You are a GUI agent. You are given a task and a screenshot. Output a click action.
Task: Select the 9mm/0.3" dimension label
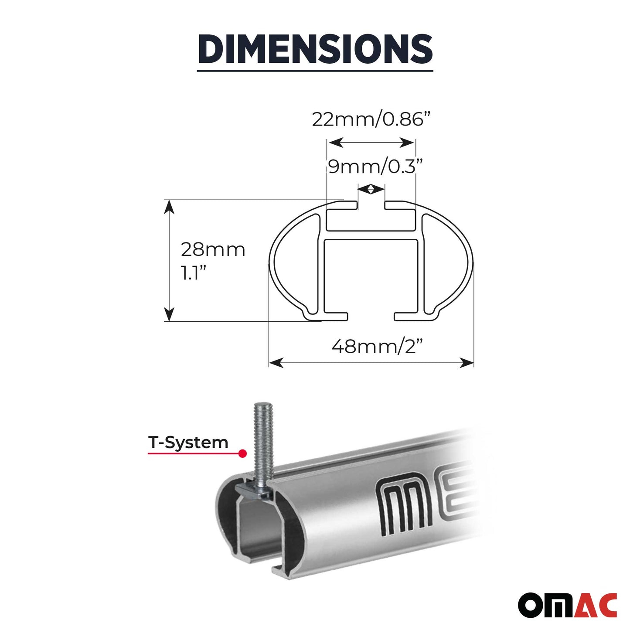[375, 167]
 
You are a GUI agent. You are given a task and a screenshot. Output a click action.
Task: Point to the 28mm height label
[213, 250]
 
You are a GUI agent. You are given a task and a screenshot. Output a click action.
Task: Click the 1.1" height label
[193, 273]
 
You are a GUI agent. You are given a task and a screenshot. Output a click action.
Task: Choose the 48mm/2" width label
[377, 347]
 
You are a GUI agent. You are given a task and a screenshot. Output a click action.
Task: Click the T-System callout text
[188, 442]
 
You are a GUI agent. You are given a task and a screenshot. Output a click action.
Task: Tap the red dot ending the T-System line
[243, 454]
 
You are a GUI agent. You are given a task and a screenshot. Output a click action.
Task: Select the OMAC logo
[567, 605]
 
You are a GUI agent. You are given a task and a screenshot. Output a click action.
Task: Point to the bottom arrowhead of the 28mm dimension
[169, 315]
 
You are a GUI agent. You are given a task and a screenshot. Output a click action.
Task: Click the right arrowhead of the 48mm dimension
[467, 362]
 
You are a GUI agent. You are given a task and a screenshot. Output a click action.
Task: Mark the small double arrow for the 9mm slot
[371, 189]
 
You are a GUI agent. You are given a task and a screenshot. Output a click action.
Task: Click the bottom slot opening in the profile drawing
[371, 317]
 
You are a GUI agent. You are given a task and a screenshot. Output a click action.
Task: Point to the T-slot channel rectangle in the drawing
[371, 220]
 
